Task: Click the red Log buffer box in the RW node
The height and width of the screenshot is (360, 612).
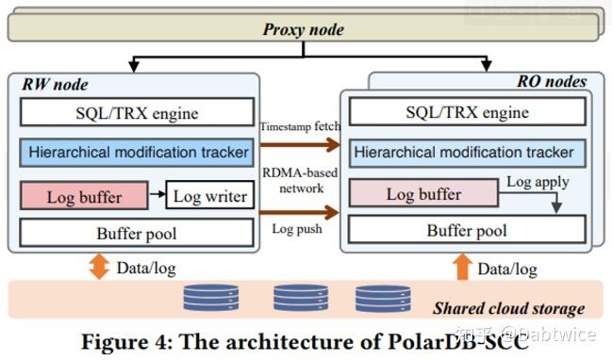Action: point(84,196)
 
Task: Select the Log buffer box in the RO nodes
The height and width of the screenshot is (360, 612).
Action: point(423,195)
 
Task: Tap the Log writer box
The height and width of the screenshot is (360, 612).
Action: point(209,196)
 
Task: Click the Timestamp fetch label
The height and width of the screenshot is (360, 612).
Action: point(300,124)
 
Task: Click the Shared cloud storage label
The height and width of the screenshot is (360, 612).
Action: point(508,308)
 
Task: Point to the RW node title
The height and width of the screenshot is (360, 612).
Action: point(54,84)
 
